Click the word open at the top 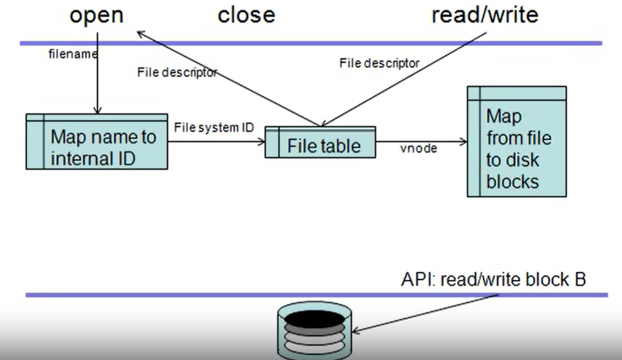click(97, 16)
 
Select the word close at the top click(246, 15)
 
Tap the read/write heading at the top click(485, 15)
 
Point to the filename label click(73, 54)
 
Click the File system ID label click(214, 127)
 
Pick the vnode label click(419, 148)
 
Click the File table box click(320, 142)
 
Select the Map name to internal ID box click(97, 141)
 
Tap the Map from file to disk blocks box click(517, 142)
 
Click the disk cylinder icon click(315, 330)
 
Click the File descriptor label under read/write click(379, 63)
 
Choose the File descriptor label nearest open click(177, 73)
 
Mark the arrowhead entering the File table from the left click(262, 142)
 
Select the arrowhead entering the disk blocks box click(464, 142)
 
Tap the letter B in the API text click(580, 279)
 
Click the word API click(419, 279)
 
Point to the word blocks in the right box click(513, 182)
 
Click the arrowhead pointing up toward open click(142, 34)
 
